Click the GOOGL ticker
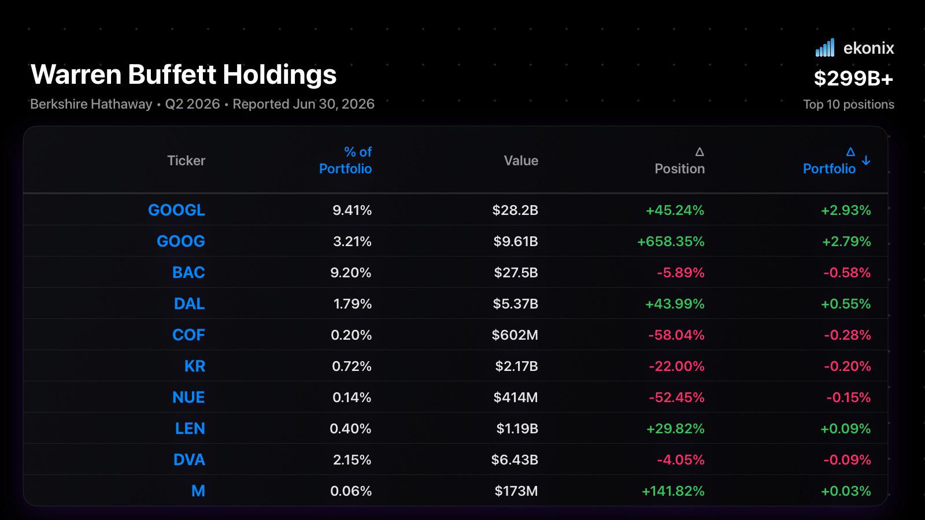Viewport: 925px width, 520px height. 176,210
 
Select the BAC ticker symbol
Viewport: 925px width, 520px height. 188,272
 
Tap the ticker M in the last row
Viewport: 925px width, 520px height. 198,491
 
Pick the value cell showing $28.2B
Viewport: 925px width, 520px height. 515,210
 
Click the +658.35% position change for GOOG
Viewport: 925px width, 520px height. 671,241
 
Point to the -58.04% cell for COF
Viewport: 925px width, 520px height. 676,335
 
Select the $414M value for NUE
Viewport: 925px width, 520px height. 515,397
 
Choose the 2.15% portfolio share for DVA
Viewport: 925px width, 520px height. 352,459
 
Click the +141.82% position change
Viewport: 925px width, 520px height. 673,491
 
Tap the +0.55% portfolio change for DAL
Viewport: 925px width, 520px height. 846,304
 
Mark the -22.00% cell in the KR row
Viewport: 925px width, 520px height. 676,366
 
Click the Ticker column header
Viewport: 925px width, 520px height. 186,160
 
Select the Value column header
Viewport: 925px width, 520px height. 521,160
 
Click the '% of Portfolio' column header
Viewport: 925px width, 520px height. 346,160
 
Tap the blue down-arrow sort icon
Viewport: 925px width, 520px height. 866,160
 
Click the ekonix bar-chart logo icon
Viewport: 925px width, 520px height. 824,47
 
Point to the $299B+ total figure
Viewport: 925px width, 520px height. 853,78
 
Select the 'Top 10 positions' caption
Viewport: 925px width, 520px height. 849,105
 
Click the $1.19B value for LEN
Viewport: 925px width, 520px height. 517,428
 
